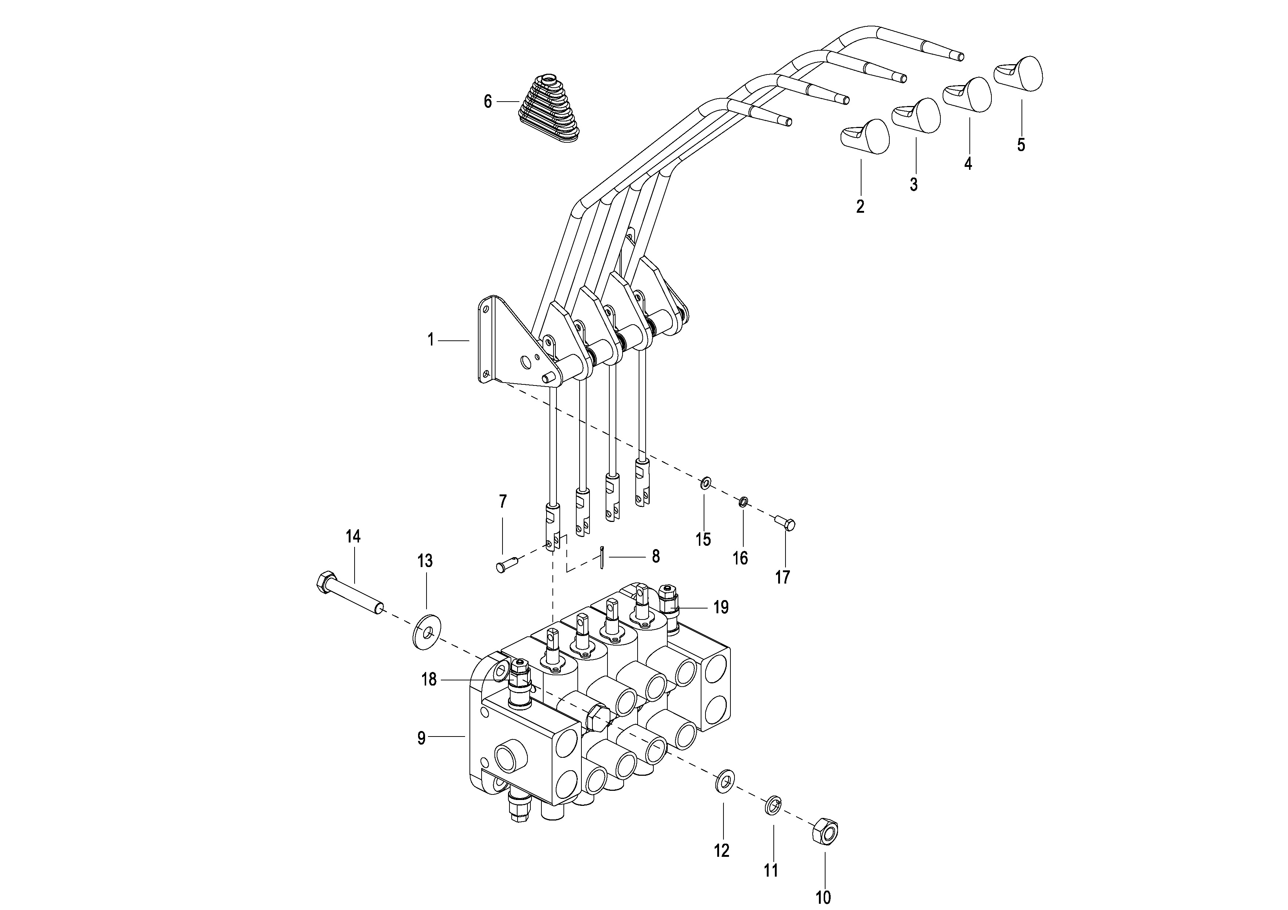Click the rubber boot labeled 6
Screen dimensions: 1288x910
click(x=549, y=106)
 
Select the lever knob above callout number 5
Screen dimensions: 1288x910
click(x=1018, y=73)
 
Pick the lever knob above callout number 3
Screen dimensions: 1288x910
click(x=916, y=116)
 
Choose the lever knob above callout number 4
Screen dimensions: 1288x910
click(x=967, y=94)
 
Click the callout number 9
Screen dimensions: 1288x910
click(x=422, y=738)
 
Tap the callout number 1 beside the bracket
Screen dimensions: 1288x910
click(x=431, y=340)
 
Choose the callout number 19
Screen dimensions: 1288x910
click(x=721, y=607)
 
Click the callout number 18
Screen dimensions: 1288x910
click(x=429, y=680)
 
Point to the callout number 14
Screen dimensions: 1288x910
click(x=353, y=537)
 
